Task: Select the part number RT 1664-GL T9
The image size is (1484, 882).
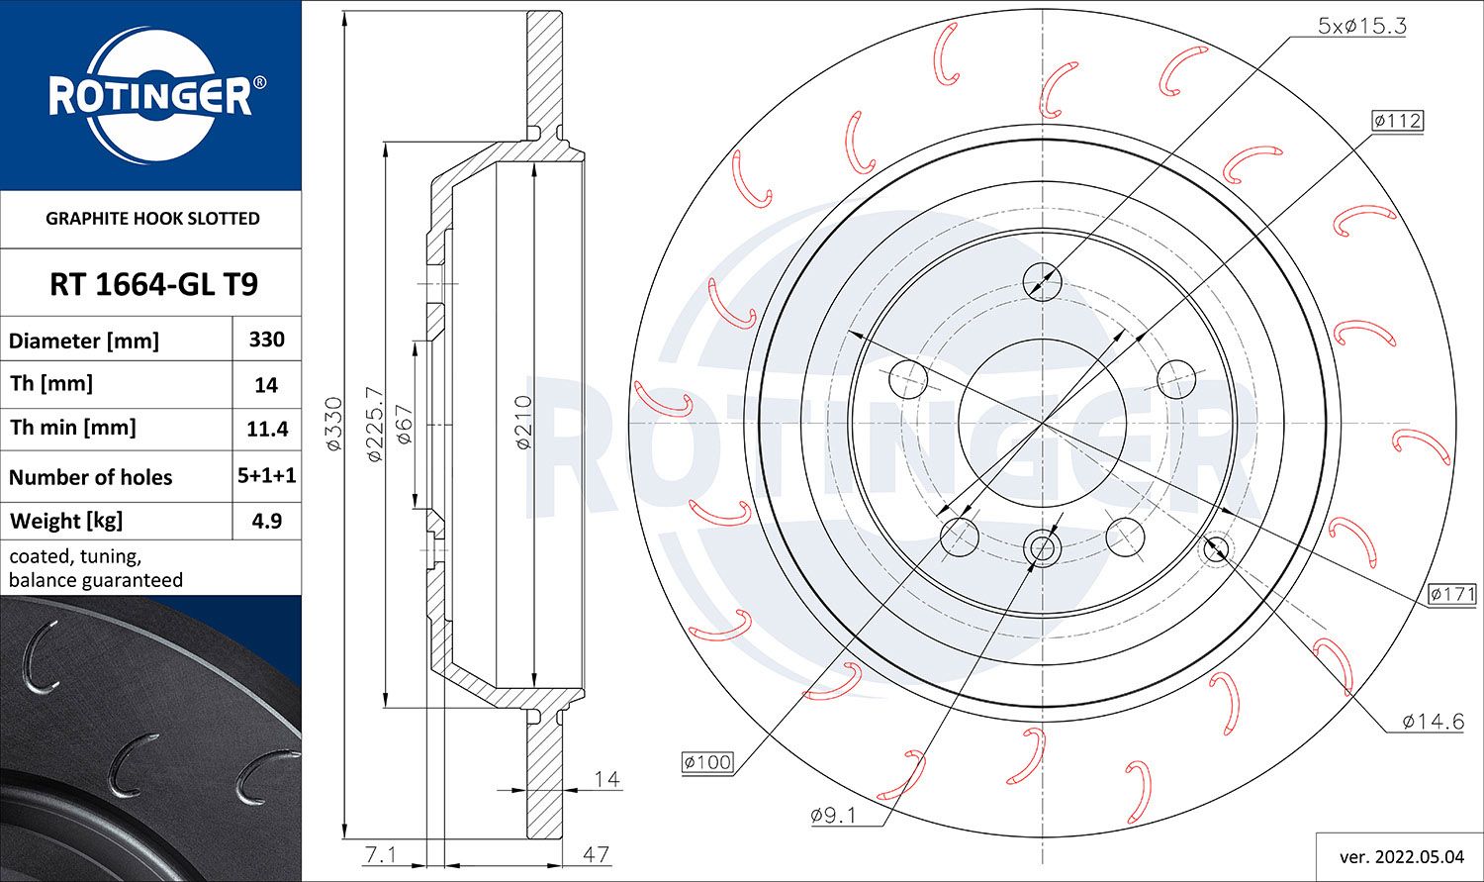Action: pyautogui.click(x=153, y=284)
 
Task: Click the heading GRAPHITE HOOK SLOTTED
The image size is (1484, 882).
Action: pyautogui.click(x=152, y=219)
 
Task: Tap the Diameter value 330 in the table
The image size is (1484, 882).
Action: pyautogui.click(x=266, y=340)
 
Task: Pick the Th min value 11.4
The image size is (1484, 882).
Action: pyautogui.click(x=267, y=429)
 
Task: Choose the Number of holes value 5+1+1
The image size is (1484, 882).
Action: pyautogui.click(x=267, y=475)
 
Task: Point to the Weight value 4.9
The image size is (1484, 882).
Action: pyautogui.click(x=267, y=521)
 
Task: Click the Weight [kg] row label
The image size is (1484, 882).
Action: pyautogui.click(x=66, y=522)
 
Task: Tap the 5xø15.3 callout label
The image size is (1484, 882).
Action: pyautogui.click(x=1361, y=26)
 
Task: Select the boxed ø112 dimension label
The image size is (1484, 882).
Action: pyautogui.click(x=1397, y=121)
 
